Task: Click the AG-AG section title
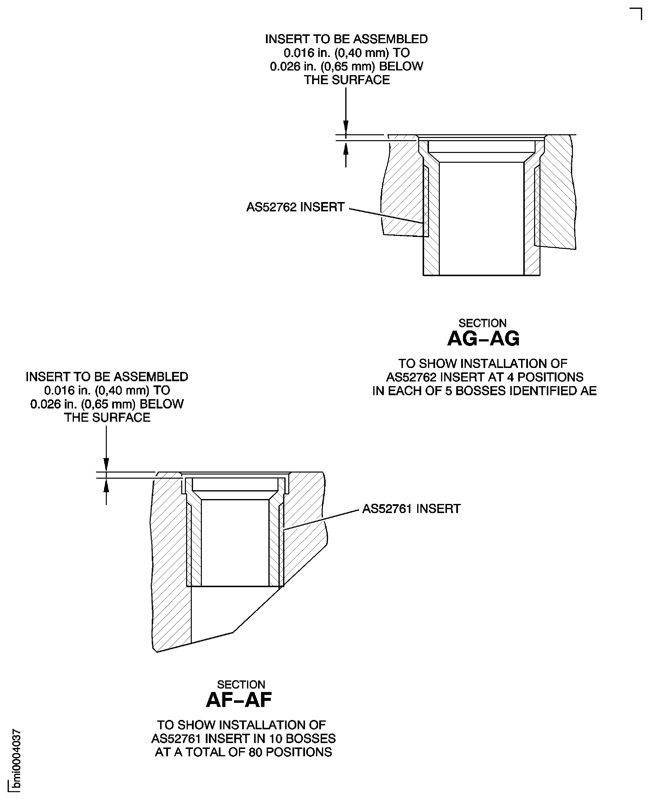(483, 339)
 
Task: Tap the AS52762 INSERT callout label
(295, 207)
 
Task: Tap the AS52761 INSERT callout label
(411, 509)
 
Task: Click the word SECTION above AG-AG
(482, 323)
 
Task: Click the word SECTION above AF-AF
(241, 684)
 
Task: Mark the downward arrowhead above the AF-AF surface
(106, 465)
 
